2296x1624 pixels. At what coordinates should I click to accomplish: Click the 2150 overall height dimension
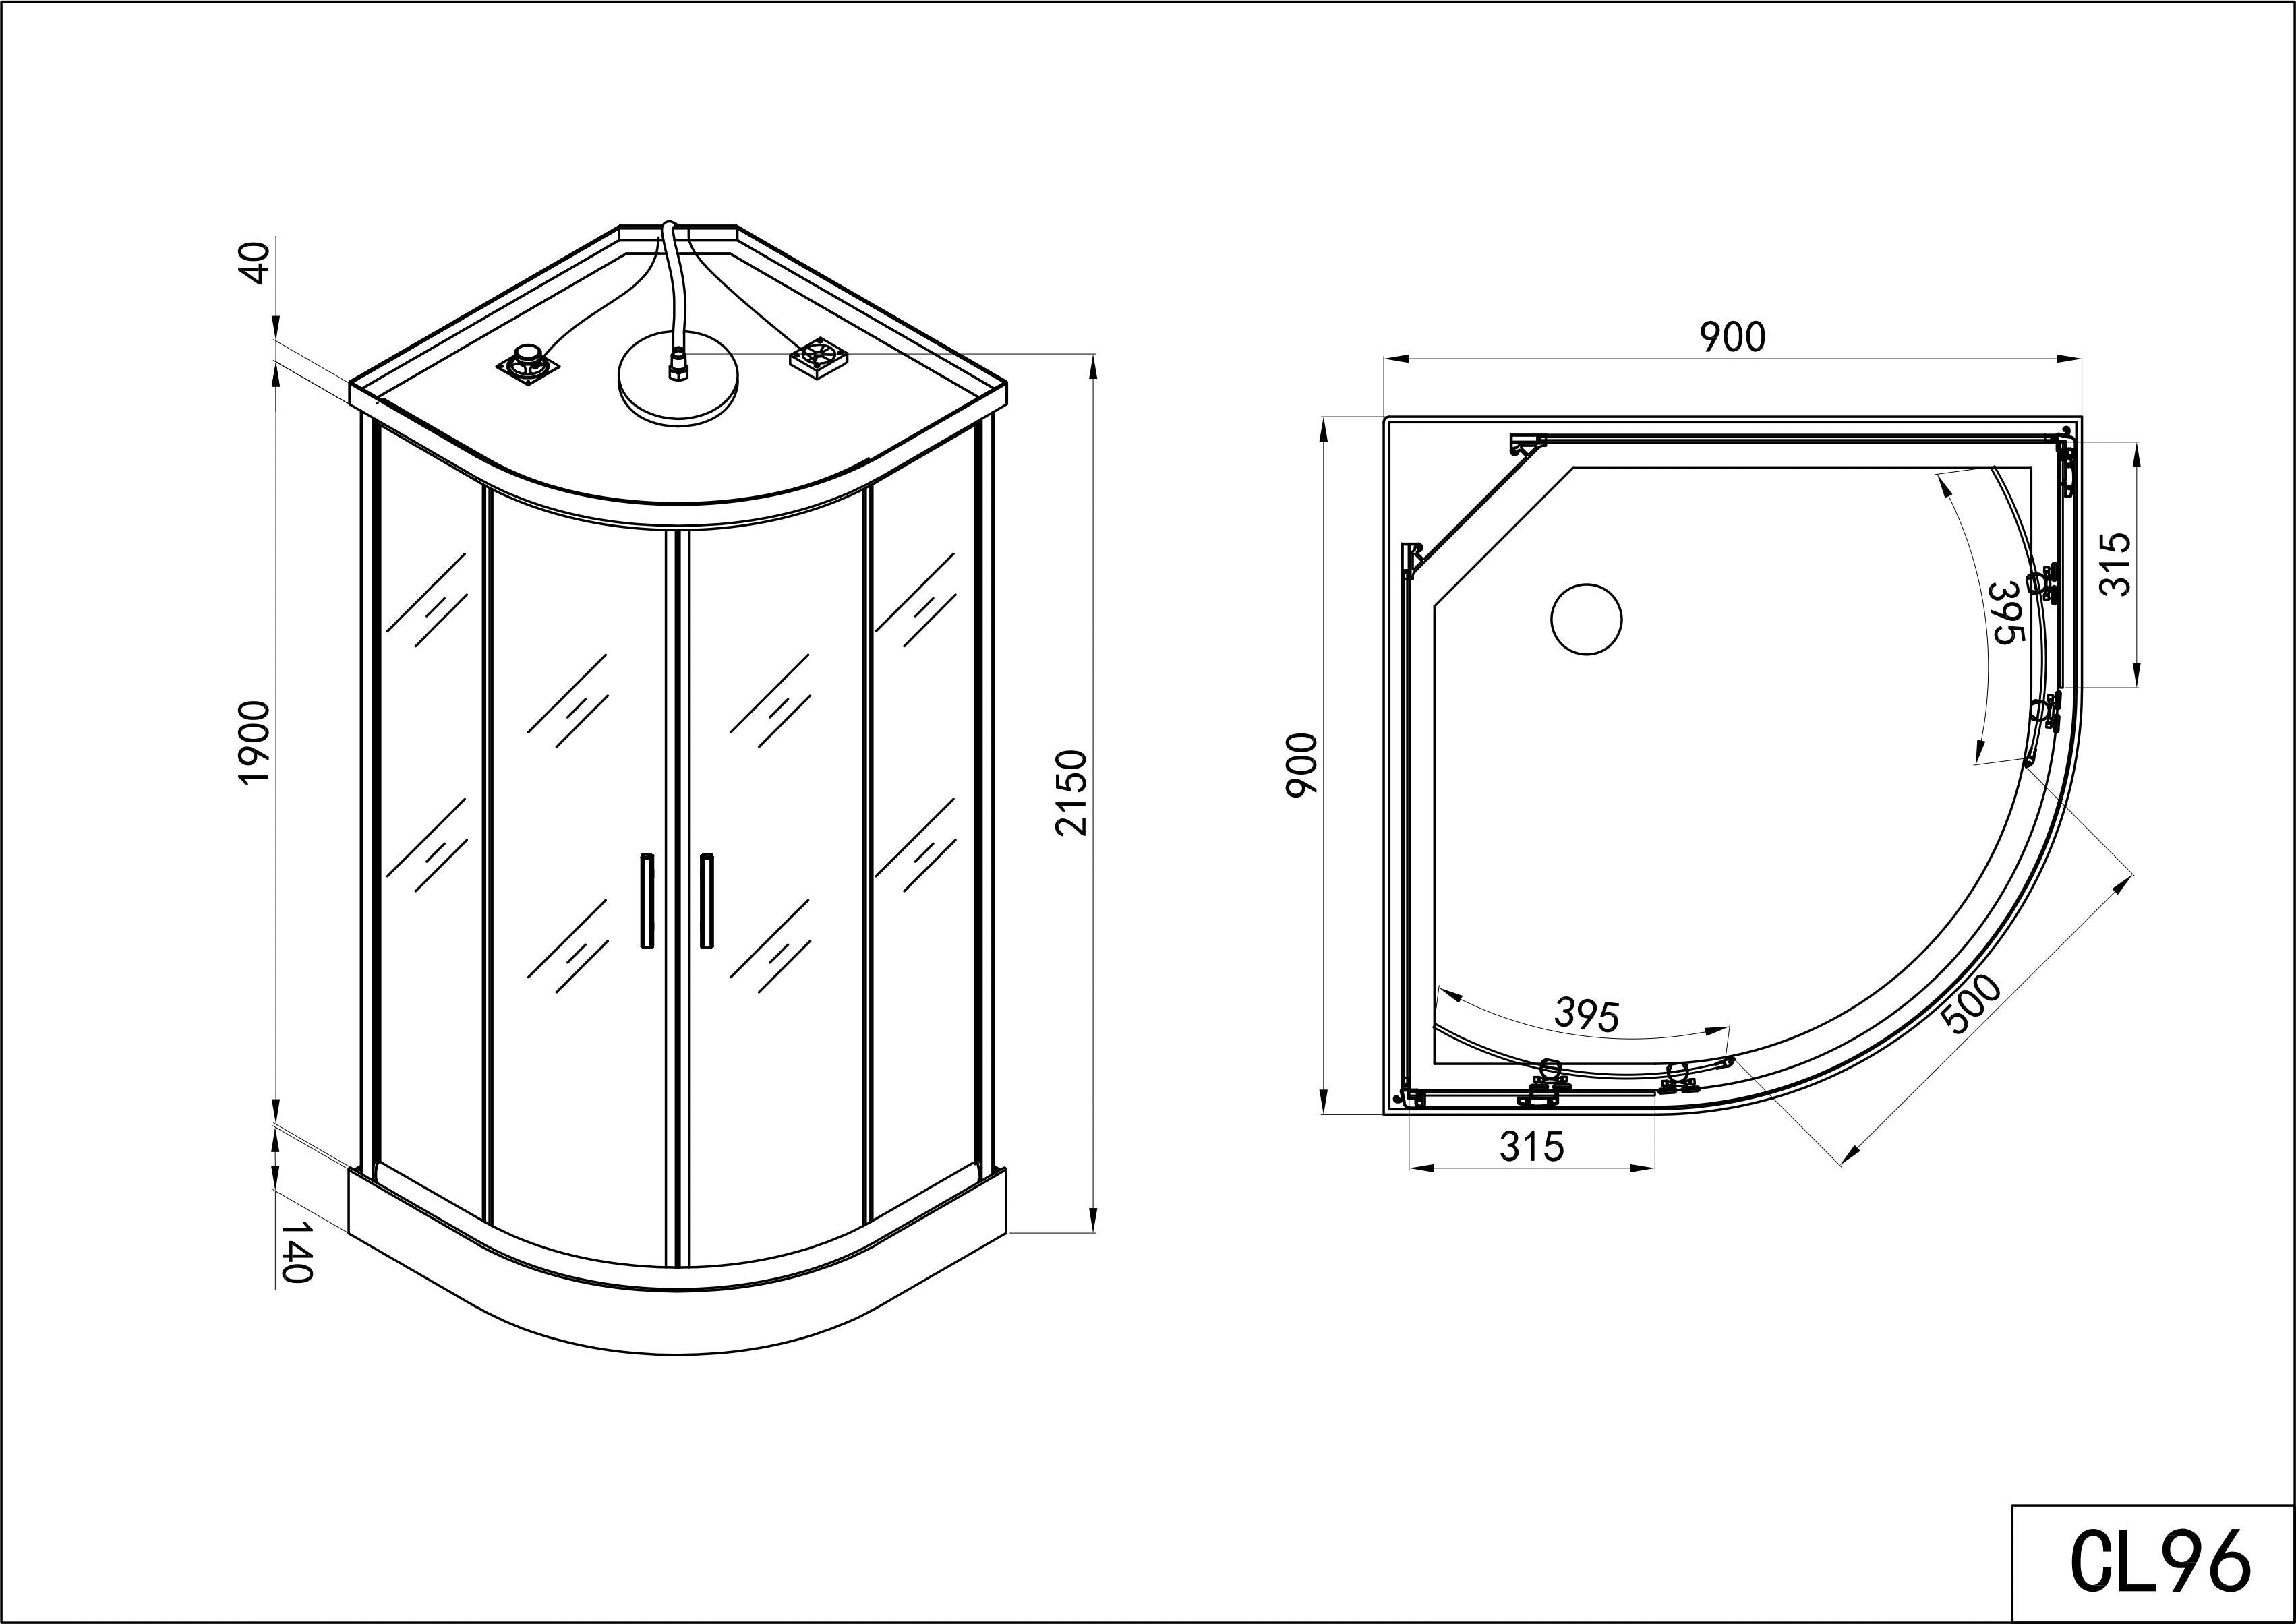(1070, 792)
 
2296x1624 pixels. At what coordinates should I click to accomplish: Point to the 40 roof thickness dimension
(257, 262)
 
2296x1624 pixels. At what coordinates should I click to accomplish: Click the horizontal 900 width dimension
(1733, 338)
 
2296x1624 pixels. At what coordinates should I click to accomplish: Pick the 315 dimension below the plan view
(1532, 1146)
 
